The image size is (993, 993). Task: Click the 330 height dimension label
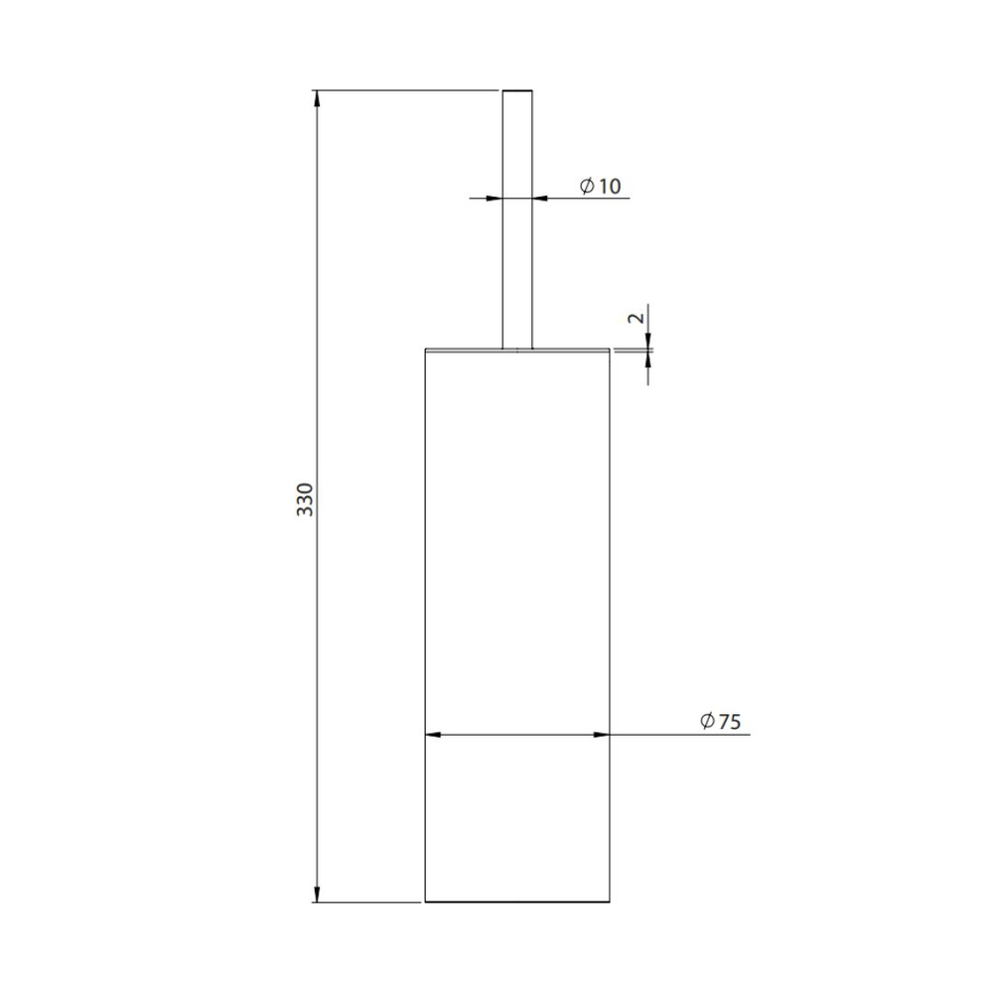coord(305,499)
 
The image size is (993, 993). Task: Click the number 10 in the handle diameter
coord(610,187)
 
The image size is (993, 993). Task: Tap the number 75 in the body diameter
coord(730,721)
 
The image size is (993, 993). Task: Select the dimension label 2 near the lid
coord(637,318)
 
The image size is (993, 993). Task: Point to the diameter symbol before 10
coord(587,186)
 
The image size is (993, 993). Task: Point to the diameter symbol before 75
coord(707,721)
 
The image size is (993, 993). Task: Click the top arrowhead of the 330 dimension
coord(317,98)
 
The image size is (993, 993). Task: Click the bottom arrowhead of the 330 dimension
coord(317,894)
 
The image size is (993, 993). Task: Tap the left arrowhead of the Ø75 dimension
coord(433,735)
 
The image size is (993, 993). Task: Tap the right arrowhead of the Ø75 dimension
coord(602,735)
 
